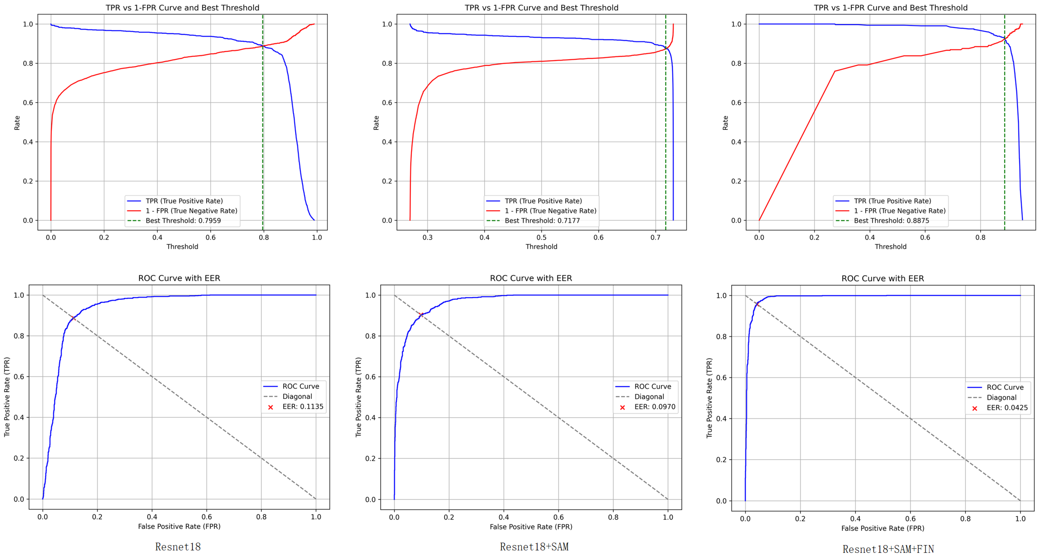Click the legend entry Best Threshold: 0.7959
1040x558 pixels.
[183, 221]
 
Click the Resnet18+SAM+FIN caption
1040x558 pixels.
[888, 549]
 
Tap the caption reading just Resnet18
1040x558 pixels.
[178, 547]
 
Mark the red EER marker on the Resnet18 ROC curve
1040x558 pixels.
[73, 318]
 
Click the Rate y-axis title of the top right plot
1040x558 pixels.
[725, 123]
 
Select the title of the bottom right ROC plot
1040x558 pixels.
[882, 278]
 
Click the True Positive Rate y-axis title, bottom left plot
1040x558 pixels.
[7, 396]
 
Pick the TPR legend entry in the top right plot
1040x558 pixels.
[892, 201]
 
